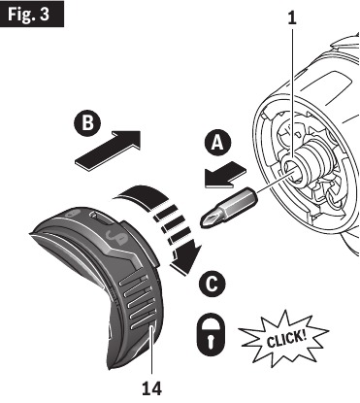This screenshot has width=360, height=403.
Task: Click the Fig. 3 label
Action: (33, 17)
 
